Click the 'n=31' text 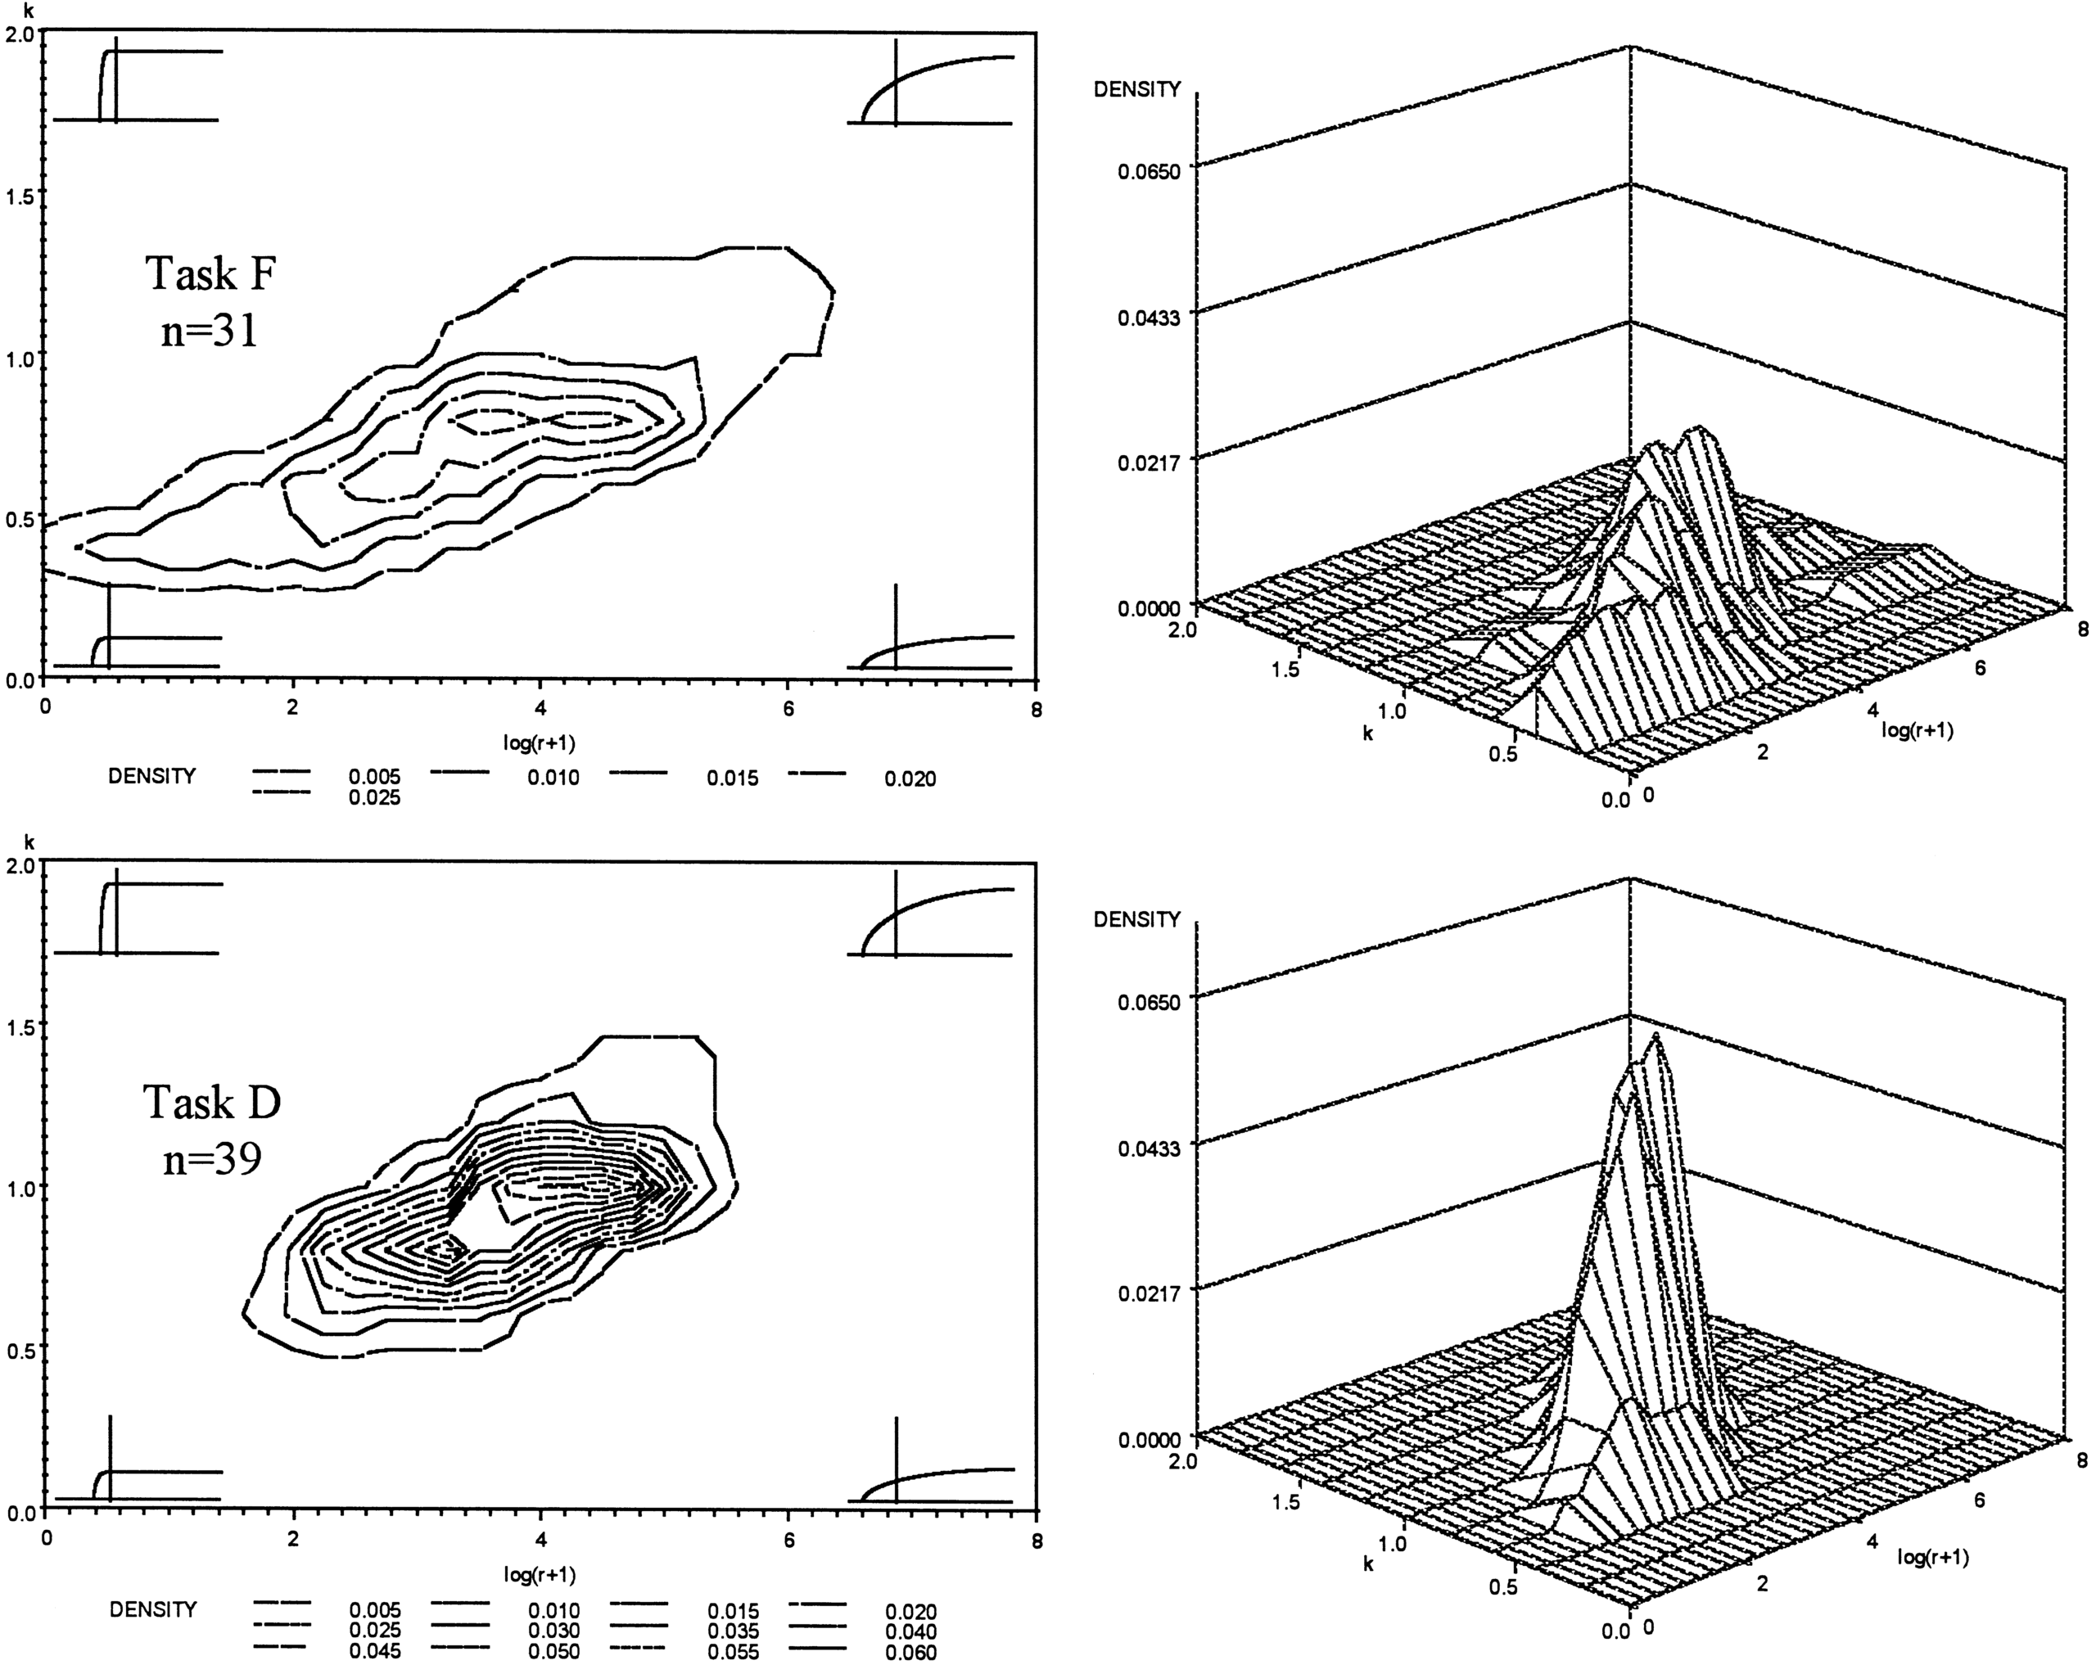click(210, 331)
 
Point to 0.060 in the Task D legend click(911, 1653)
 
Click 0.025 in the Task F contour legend click(374, 798)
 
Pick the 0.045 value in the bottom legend click(374, 1651)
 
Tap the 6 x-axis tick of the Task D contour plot click(788, 1541)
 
